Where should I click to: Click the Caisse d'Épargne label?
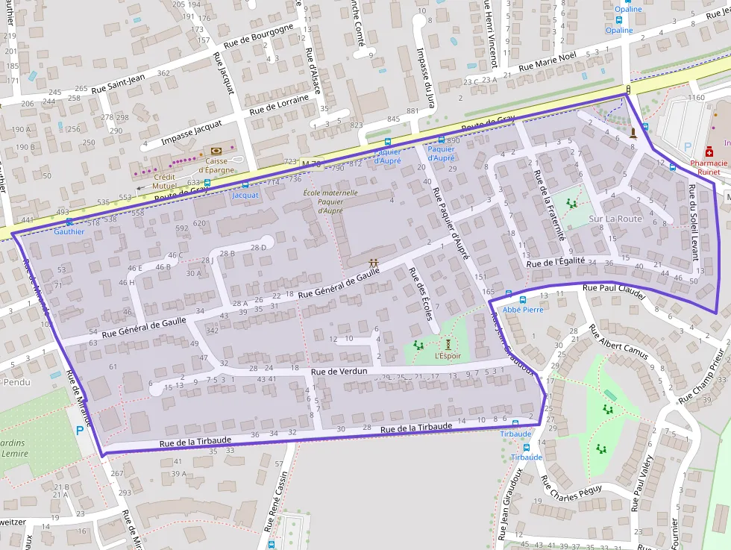click(x=216, y=165)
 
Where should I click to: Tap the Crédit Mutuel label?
click(x=164, y=181)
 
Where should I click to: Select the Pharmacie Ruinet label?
click(x=709, y=167)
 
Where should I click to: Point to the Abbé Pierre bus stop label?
click(x=522, y=309)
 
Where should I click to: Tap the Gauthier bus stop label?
click(x=69, y=231)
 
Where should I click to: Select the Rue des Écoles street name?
click(x=420, y=294)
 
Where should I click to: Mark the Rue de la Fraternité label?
click(x=550, y=204)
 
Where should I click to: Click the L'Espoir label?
click(x=448, y=356)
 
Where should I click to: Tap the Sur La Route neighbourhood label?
click(x=615, y=219)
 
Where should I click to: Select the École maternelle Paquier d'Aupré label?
click(x=330, y=201)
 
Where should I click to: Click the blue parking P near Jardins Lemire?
click(x=80, y=430)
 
